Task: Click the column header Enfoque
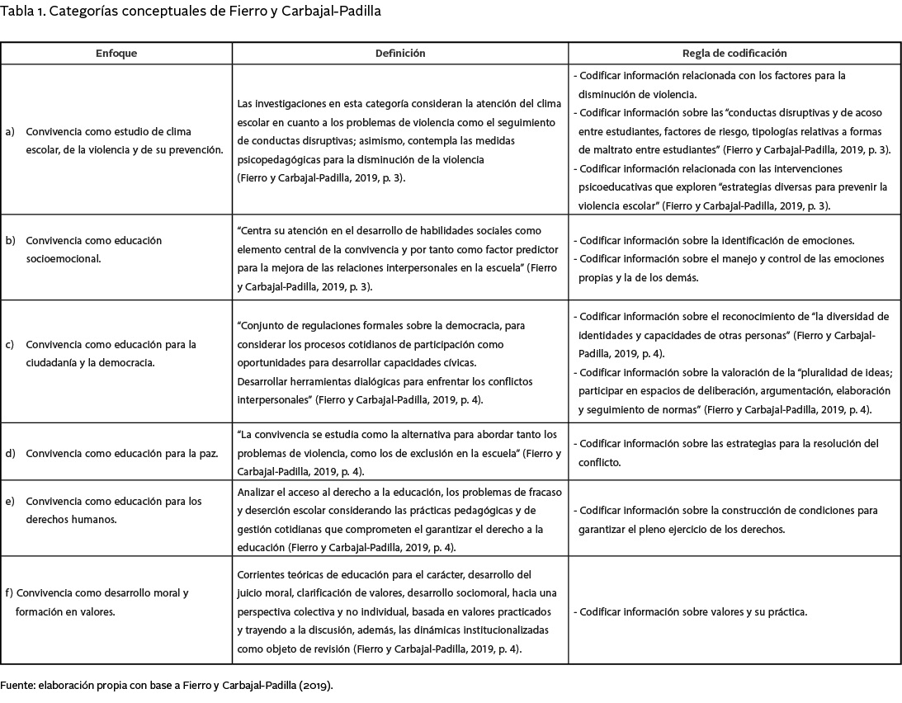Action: click(116, 53)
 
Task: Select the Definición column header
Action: click(400, 53)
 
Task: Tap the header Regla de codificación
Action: click(734, 53)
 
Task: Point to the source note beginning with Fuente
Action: click(167, 686)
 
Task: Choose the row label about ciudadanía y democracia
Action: click(110, 352)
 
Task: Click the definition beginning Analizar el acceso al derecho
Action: click(399, 519)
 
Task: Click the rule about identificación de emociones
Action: click(716, 240)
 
